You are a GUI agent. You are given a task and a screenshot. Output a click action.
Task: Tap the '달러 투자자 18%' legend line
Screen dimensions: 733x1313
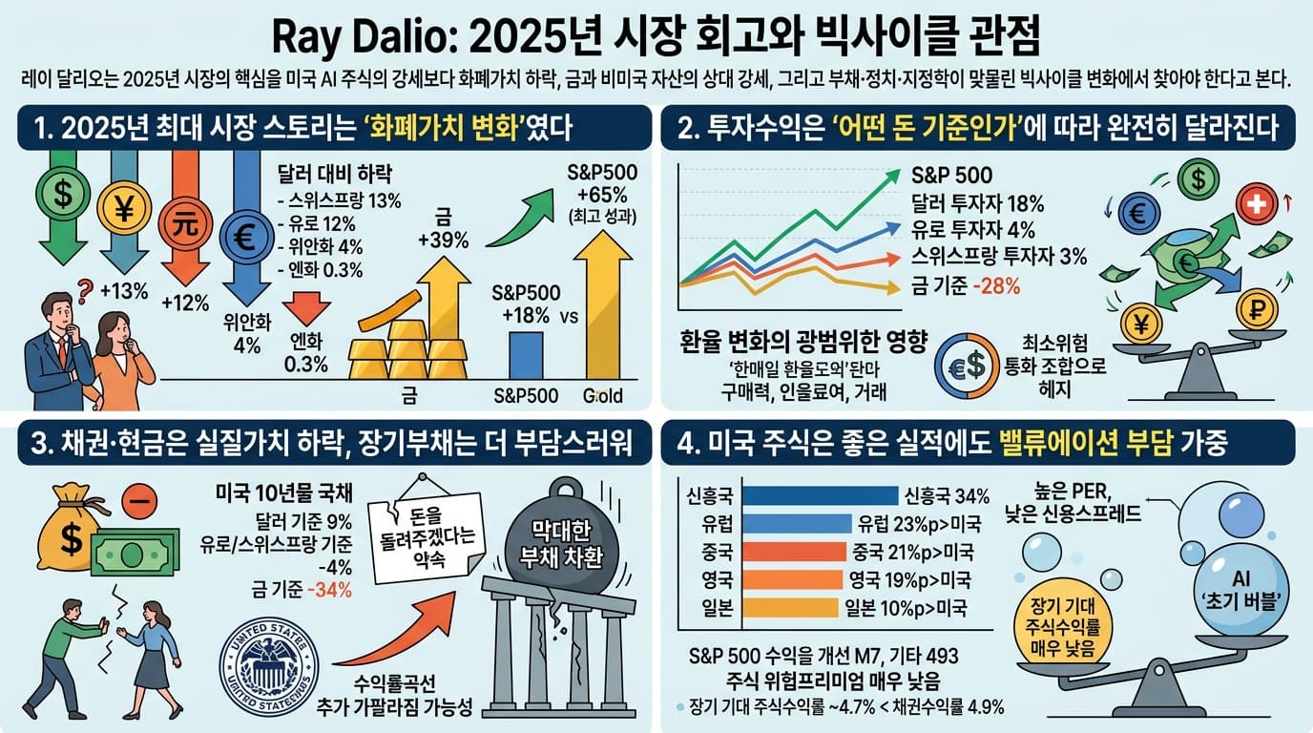[978, 202]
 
